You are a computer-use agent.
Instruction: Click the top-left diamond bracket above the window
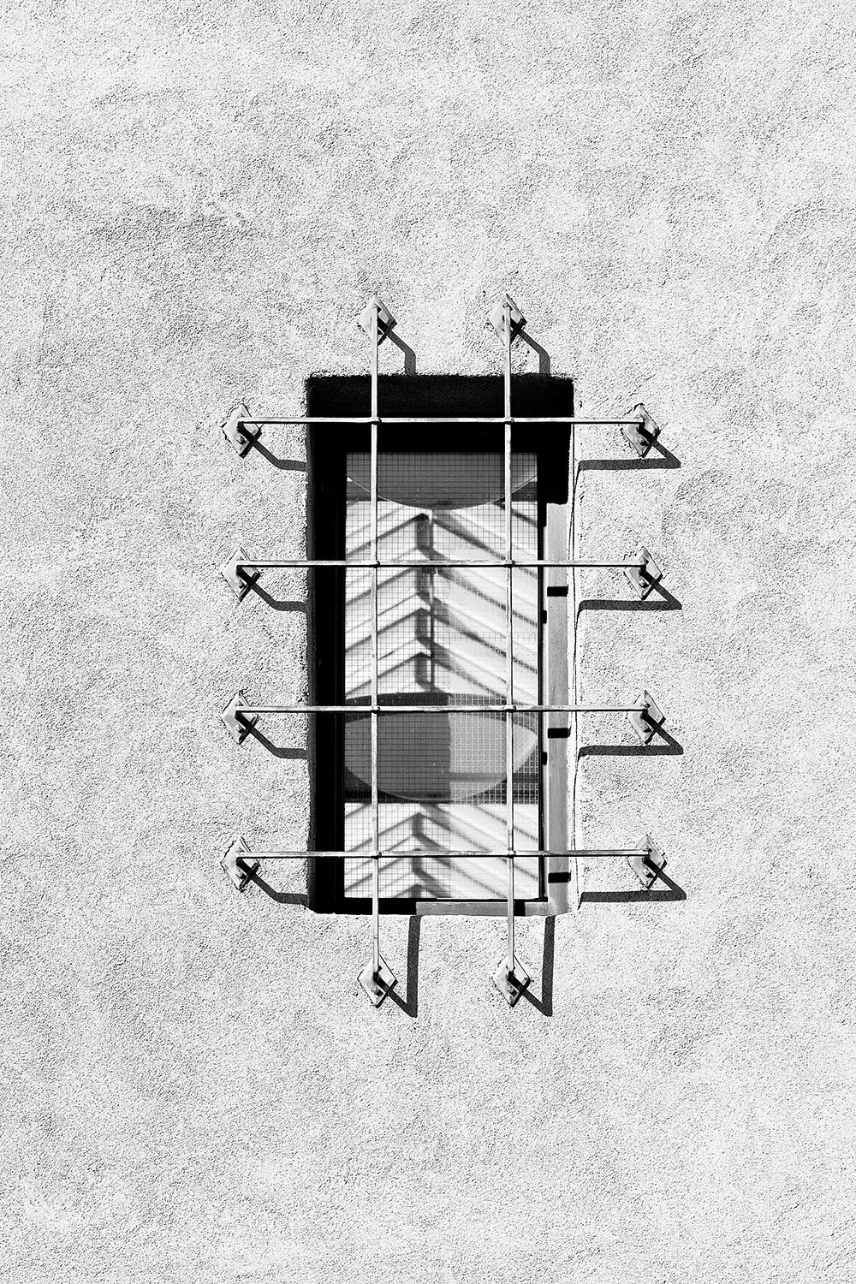(x=375, y=316)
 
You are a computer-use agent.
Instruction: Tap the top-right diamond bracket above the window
(x=508, y=316)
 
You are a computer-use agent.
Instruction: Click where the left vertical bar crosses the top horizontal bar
(x=374, y=420)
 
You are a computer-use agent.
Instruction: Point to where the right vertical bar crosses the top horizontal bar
(x=508, y=420)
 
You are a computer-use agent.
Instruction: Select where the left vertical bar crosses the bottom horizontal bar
(x=375, y=854)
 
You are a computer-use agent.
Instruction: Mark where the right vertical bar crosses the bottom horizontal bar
(x=510, y=854)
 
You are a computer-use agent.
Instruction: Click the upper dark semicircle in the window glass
(x=440, y=479)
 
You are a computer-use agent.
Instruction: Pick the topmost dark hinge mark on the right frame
(x=558, y=591)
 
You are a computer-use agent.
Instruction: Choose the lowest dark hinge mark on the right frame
(x=558, y=877)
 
